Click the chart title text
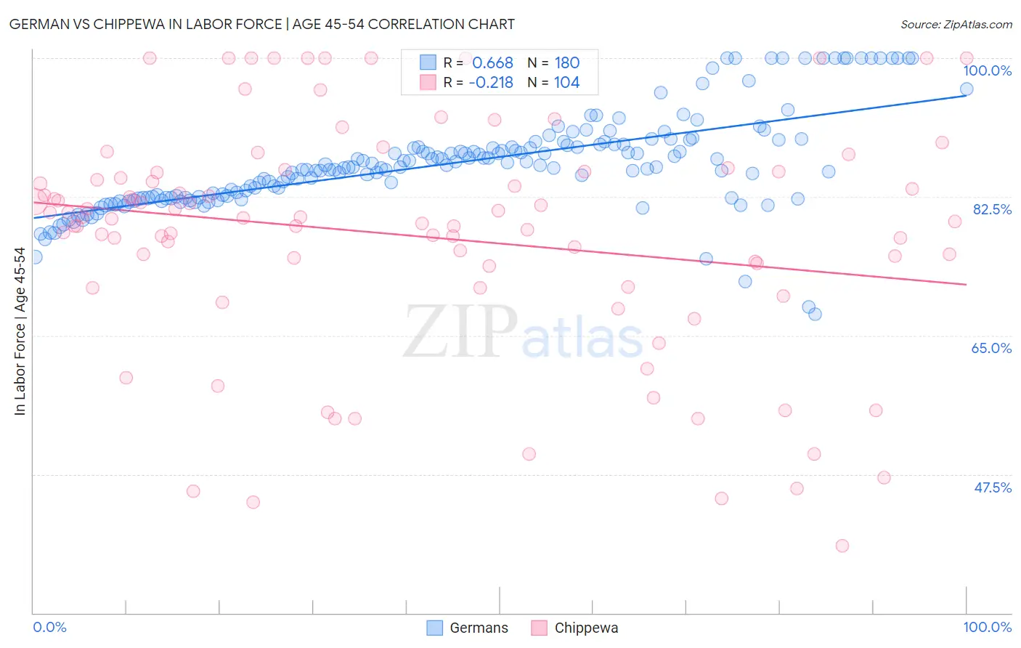coord(262,24)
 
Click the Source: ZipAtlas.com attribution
coord(956,24)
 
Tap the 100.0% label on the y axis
coord(987,70)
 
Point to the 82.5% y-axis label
coord(992,209)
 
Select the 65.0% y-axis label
coord(991,348)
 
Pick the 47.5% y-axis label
coord(992,487)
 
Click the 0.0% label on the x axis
coord(50,627)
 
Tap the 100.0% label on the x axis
coord(987,627)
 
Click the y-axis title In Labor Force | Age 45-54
coord(20,331)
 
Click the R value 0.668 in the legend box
coord(492,63)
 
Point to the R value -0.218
coord(491,83)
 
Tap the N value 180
coord(567,63)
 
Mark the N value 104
coord(567,83)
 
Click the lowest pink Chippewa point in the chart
coord(842,546)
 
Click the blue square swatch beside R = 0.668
coord(428,62)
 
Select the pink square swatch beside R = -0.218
coord(428,82)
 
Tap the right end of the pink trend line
coord(966,284)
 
